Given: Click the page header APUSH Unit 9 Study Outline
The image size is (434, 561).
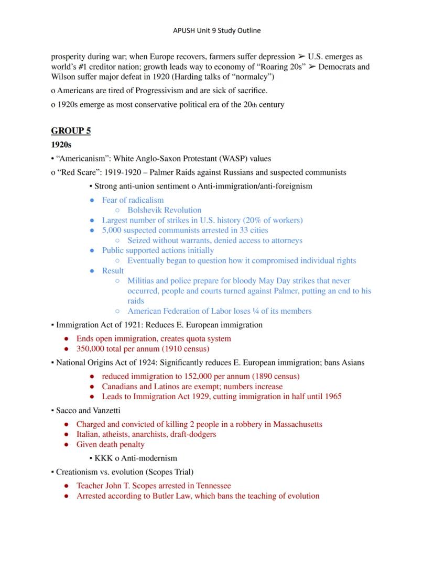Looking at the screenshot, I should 216,30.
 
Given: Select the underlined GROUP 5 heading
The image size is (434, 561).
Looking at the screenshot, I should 71,130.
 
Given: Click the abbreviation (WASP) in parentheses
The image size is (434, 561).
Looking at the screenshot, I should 225,159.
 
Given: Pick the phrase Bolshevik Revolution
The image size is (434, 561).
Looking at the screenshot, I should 164,210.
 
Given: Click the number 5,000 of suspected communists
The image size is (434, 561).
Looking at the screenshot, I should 113,230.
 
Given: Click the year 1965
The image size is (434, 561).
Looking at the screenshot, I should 332,397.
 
